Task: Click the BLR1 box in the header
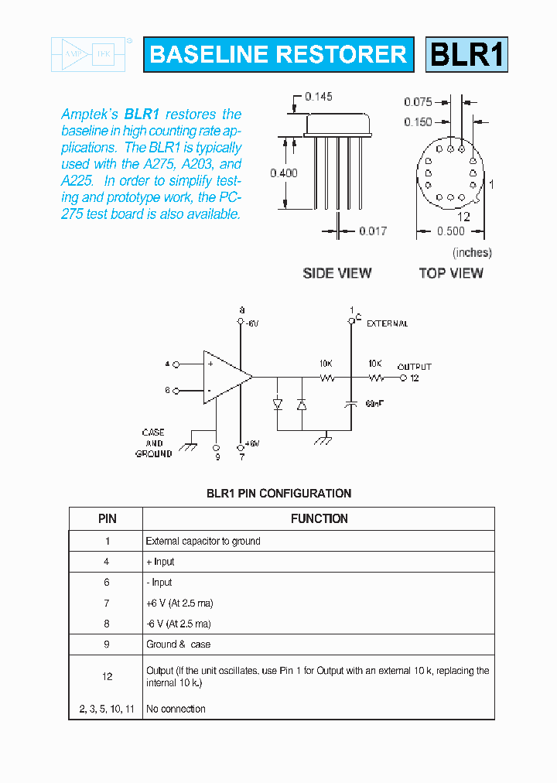tap(466, 54)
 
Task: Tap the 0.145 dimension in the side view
tap(318, 97)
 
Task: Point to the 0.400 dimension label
tap(283, 173)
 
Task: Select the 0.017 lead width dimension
tap(373, 231)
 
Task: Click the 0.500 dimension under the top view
tap(450, 231)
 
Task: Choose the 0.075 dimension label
tap(418, 101)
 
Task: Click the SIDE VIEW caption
tap(337, 273)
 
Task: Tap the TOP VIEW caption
tap(450, 273)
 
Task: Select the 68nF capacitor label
tap(374, 404)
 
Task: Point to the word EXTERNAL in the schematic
tap(387, 323)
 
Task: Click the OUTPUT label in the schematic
tap(414, 367)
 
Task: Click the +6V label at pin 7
tap(251, 443)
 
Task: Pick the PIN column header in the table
tap(107, 518)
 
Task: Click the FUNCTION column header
tap(319, 518)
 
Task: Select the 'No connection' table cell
tap(176, 709)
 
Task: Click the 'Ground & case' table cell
tap(178, 644)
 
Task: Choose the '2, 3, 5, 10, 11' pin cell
tap(107, 709)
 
